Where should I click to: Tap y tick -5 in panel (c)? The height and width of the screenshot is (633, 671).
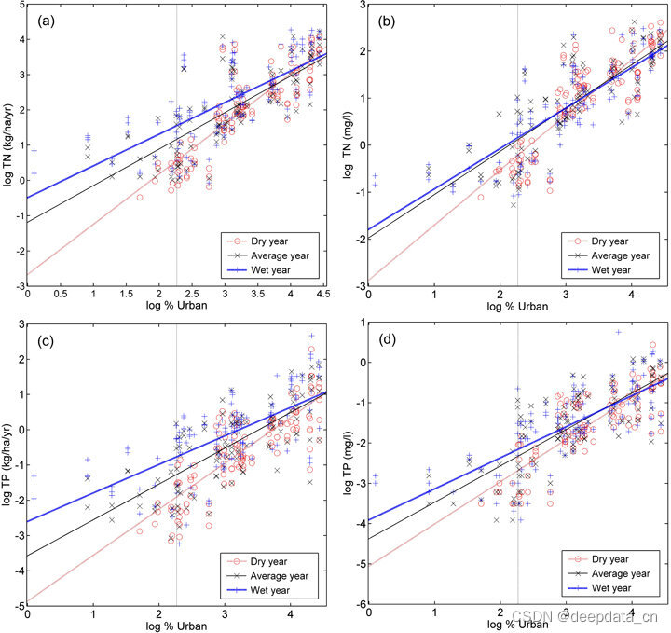pyautogui.click(x=19, y=605)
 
